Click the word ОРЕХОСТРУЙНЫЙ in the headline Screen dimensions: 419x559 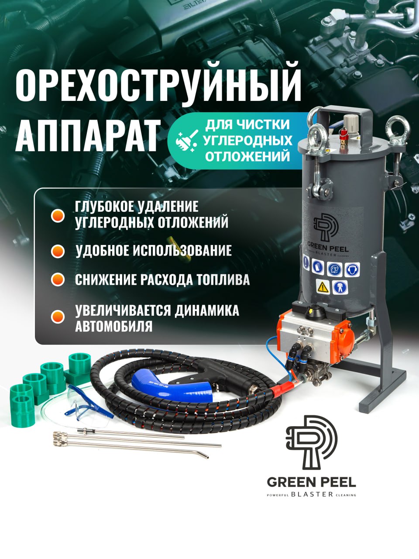click(x=158, y=85)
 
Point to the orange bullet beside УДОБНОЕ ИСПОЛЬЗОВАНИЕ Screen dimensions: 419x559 click(x=58, y=252)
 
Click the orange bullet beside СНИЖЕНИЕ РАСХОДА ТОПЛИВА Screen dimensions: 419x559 click(x=58, y=279)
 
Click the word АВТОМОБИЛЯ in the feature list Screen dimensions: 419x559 click(x=114, y=326)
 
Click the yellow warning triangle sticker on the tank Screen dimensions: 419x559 click(x=323, y=287)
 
